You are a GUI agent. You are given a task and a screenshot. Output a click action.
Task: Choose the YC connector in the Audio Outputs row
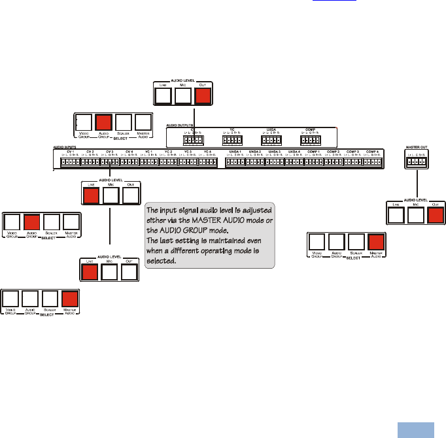pos(232,140)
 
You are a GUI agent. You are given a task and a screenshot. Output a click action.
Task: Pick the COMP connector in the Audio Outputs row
pos(309,140)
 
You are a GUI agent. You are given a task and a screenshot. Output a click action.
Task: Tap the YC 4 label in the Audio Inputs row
pos(207,152)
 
